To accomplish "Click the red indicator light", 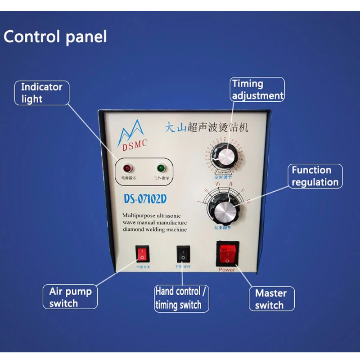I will click(127, 169).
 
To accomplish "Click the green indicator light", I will click(160, 169).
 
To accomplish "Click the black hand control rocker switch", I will click(183, 254).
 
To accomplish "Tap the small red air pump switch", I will click(142, 255).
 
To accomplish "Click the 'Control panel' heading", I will click(55, 36).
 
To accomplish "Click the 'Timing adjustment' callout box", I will click(258, 89).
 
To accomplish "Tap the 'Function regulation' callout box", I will click(315, 176).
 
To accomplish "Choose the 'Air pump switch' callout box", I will click(70, 297).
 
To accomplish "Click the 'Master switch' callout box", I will click(271, 299).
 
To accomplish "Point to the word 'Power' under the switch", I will click(227, 270).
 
